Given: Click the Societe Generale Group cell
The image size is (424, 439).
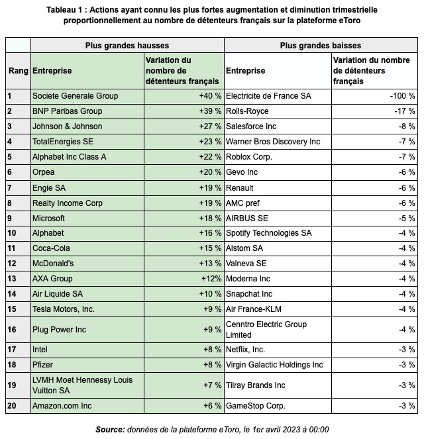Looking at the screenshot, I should (x=75, y=96).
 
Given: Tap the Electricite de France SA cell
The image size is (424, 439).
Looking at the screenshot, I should (x=268, y=96).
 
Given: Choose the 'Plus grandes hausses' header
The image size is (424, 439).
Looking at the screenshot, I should (x=127, y=46).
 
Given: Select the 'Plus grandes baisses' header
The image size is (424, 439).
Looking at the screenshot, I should (x=321, y=46).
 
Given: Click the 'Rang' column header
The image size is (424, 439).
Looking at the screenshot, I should (x=18, y=71).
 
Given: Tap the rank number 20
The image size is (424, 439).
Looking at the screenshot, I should (x=13, y=406).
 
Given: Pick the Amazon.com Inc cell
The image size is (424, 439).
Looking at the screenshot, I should (x=62, y=406).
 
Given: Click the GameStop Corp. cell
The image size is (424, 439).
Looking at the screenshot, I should (x=255, y=406).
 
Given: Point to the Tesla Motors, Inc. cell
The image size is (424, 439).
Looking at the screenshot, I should (x=64, y=309).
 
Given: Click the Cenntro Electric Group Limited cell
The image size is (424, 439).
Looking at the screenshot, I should (x=266, y=329).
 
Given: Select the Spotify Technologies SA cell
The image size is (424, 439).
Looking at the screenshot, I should (x=268, y=233).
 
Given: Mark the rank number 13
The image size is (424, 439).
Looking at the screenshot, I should (x=13, y=279).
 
